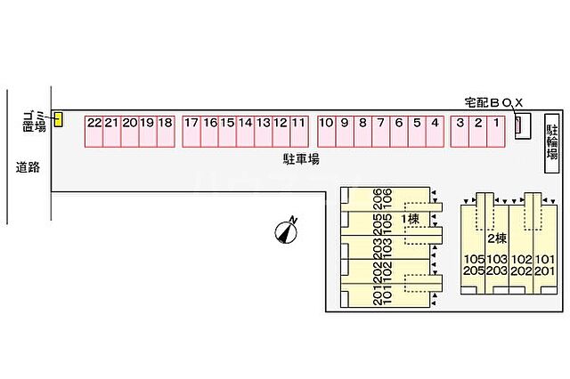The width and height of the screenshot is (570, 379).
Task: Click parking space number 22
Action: point(94,132)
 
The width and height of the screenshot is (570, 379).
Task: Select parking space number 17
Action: point(191,132)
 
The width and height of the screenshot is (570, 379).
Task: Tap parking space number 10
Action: point(327,132)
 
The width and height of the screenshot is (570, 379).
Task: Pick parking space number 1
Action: point(496,132)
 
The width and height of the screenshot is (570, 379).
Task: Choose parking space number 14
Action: point(246,132)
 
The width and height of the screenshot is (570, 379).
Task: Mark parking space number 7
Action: point(380,132)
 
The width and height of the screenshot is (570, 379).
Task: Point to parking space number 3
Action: point(460,132)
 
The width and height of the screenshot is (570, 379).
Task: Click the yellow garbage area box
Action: point(58,119)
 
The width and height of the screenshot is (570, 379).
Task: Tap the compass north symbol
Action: point(286,231)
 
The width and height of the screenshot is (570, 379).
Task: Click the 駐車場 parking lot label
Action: point(301,159)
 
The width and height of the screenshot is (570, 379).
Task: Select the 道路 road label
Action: point(28,167)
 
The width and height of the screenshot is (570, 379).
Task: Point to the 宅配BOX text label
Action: point(493,103)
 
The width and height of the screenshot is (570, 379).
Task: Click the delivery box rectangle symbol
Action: point(523,126)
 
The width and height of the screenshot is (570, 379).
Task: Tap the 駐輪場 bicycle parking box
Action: point(552,143)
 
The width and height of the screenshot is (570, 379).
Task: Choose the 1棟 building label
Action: point(410,219)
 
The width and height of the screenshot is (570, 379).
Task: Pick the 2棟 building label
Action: point(497,238)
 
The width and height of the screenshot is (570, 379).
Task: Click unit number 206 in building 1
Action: point(378,198)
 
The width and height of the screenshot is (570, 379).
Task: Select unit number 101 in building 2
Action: point(545,260)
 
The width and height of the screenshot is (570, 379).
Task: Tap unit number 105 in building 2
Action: point(474,260)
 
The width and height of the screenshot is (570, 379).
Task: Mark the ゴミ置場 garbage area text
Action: point(34,121)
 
